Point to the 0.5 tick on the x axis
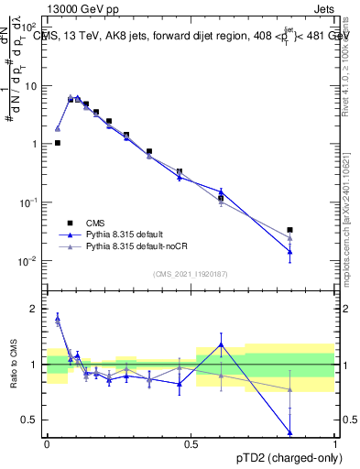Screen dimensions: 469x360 [x=191, y=442]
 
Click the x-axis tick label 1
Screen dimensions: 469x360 [x=334, y=442]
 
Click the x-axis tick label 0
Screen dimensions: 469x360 [x=47, y=442]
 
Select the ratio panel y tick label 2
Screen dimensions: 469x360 [x=36, y=309]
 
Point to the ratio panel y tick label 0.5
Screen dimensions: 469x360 [x=31, y=420]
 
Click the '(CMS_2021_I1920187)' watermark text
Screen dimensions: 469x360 [x=191, y=273]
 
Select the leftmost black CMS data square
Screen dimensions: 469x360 [x=58, y=143]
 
